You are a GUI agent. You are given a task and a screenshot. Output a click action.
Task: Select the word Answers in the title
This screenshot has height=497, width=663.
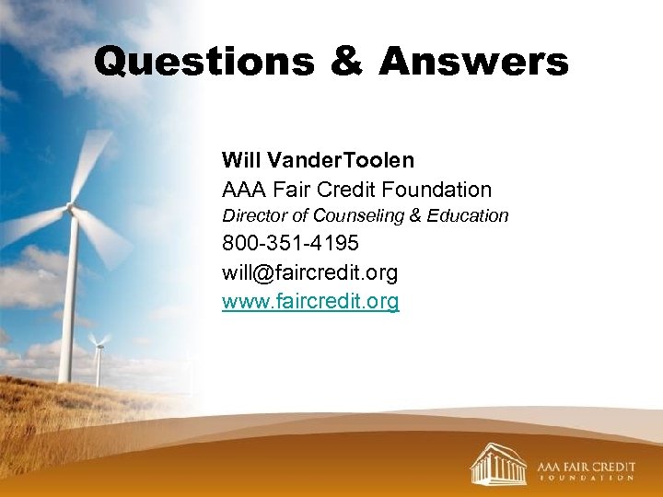click(x=473, y=62)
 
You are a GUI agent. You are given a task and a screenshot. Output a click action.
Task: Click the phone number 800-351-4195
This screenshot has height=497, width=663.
click(x=290, y=244)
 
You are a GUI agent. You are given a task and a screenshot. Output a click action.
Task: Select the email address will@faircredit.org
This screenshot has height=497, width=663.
click(x=309, y=272)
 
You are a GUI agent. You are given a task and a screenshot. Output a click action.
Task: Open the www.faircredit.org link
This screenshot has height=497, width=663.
click(x=310, y=301)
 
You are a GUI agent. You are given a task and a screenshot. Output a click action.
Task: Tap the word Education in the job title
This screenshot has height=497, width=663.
click(x=468, y=215)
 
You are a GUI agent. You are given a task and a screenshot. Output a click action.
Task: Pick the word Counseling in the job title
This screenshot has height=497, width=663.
click(x=359, y=215)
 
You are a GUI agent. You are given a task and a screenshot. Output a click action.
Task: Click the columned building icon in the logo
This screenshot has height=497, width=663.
click(x=498, y=464)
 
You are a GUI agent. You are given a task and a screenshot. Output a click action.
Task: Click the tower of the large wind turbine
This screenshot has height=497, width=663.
click(x=67, y=304)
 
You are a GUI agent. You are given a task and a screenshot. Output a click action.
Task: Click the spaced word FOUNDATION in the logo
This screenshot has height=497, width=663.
click(x=587, y=478)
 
